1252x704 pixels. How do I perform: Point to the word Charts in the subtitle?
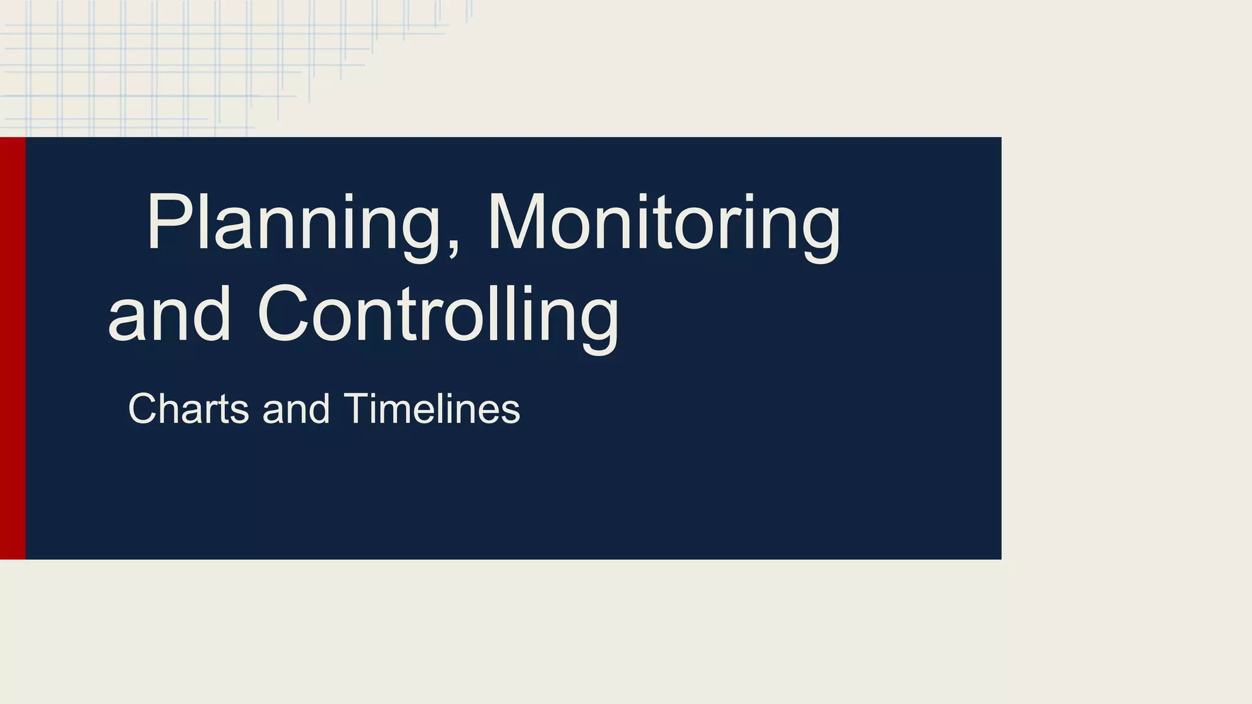tap(188, 408)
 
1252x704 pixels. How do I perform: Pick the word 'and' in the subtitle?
tap(296, 408)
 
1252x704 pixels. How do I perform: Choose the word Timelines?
tap(432, 408)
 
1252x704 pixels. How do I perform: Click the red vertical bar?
tap(12, 348)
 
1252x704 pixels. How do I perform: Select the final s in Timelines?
tap(512, 411)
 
